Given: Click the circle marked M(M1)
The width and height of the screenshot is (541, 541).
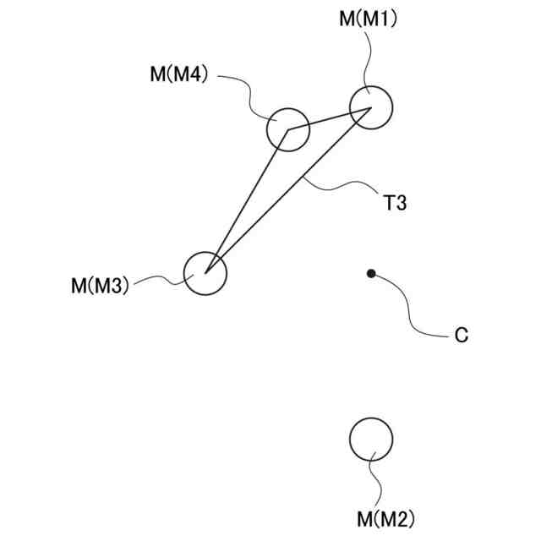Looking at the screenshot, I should (371, 107).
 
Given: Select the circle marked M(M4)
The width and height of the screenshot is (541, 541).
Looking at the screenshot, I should (288, 129).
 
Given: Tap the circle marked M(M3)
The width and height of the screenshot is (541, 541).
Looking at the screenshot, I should (205, 273).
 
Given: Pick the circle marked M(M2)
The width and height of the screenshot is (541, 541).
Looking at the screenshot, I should (371, 439).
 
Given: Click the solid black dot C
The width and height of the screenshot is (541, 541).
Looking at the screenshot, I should (371, 273).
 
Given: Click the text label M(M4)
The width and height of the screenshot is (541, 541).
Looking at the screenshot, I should (179, 74).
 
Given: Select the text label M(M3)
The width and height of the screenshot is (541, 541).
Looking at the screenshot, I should (100, 286).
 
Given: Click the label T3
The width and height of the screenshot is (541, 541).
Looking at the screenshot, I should (396, 203).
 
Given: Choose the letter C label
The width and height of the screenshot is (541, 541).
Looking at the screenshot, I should (461, 336).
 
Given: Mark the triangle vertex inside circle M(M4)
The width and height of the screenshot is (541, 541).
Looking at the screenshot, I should (288, 130).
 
